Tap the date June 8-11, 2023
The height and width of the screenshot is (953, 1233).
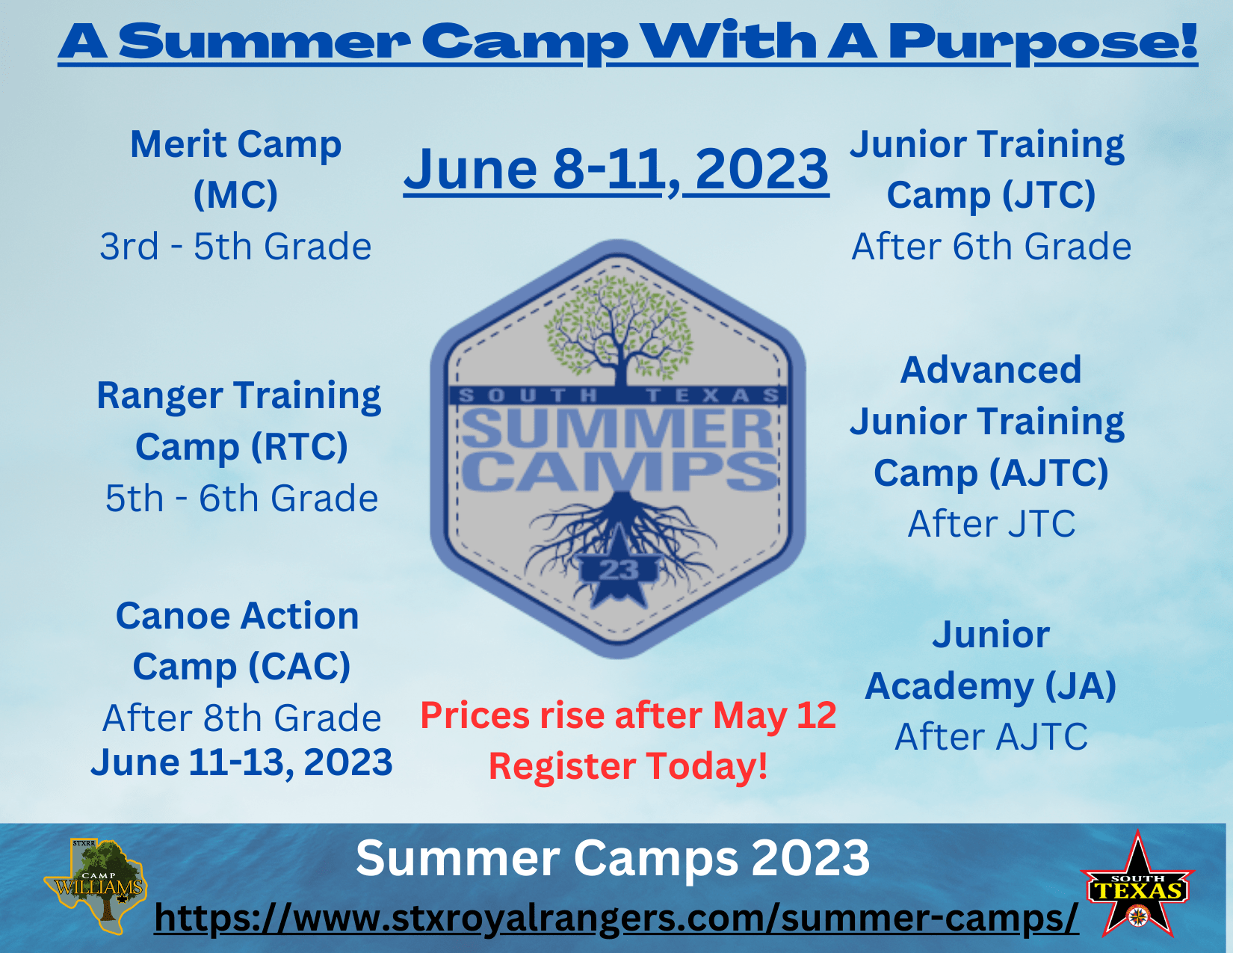[616, 169]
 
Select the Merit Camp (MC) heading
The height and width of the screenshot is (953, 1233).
[236, 169]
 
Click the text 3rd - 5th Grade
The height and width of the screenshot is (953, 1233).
[236, 247]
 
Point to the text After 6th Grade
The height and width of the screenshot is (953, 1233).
[992, 247]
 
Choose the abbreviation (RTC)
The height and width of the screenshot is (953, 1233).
[299, 446]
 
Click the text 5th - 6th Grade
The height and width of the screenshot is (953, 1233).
[241, 498]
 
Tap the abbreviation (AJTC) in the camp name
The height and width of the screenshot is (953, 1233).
[1048, 472]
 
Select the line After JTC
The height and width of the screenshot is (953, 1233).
[992, 522]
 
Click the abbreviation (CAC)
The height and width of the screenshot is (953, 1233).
[299, 666]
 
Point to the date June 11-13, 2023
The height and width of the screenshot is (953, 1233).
[241, 762]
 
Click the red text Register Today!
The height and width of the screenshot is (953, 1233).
[628, 765]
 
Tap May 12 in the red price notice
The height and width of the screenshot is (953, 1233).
[774, 715]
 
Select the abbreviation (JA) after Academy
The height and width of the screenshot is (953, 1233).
[1081, 685]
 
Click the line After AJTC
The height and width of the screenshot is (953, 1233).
[992, 736]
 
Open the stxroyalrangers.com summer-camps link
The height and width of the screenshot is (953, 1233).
[616, 917]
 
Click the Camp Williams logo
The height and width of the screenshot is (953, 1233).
[96, 886]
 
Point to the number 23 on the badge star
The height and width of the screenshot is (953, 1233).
[619, 570]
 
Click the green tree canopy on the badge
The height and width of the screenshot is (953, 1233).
[619, 327]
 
